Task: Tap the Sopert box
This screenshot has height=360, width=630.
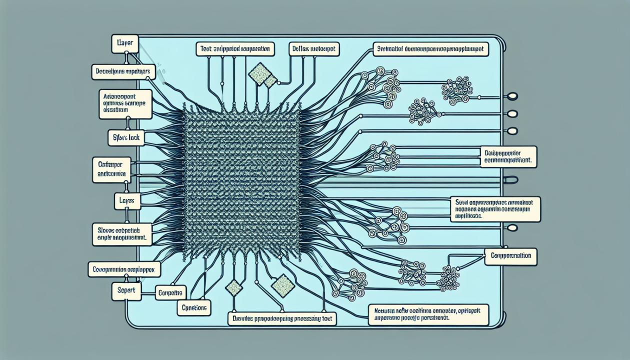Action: coord(126,290)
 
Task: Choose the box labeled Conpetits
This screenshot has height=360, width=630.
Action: coord(170,292)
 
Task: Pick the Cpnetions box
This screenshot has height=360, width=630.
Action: coord(194,307)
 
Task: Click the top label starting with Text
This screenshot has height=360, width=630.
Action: coord(234,48)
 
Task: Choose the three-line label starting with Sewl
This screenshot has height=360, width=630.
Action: coord(494,209)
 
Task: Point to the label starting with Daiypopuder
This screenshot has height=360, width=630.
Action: coord(508,157)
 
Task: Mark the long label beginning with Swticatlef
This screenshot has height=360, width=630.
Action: coord(430,48)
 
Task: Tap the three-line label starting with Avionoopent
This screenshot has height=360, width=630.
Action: coord(125,104)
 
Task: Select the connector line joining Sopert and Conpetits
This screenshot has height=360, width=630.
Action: coord(148,291)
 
